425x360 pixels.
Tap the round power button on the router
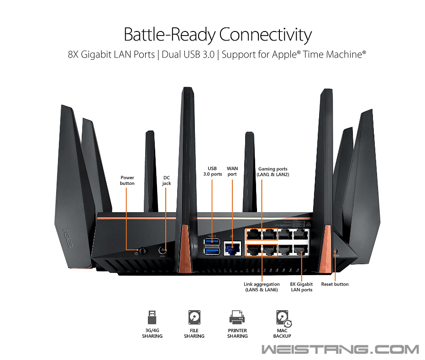coord(142,250)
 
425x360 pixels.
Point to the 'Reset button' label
coord(335,284)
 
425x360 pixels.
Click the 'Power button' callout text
coord(127,180)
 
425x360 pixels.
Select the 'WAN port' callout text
coord(232,172)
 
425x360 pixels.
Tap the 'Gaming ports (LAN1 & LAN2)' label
coord(273,172)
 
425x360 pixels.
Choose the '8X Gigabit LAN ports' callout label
coord(301,287)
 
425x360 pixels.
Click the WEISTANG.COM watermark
coord(340,350)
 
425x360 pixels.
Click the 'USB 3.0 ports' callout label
coord(213,172)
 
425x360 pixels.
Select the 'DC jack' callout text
coord(167,180)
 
